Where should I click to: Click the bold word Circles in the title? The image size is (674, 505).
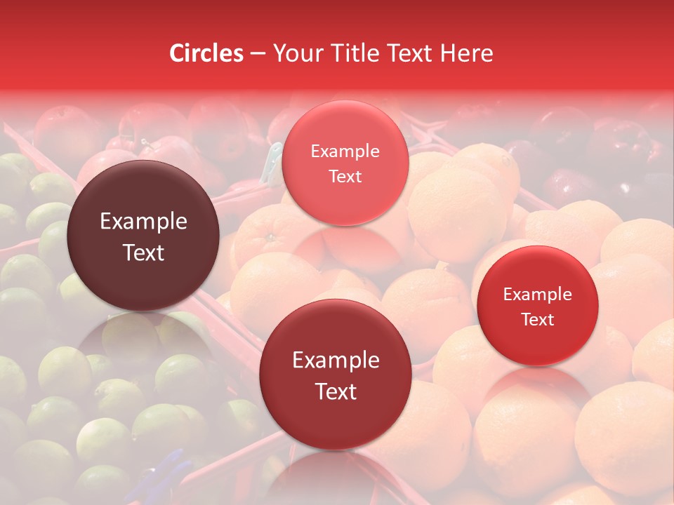(206, 53)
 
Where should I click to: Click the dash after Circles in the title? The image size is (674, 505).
(258, 54)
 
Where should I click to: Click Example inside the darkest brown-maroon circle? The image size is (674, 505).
(143, 222)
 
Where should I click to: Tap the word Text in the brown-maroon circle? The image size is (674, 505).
(143, 252)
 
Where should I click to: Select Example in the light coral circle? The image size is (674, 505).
(345, 151)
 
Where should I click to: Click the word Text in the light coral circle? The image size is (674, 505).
(345, 176)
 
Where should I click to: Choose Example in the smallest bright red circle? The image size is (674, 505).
(537, 295)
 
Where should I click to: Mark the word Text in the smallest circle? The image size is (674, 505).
(538, 319)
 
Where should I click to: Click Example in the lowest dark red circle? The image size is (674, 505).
(336, 361)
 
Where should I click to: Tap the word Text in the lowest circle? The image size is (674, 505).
(336, 391)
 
